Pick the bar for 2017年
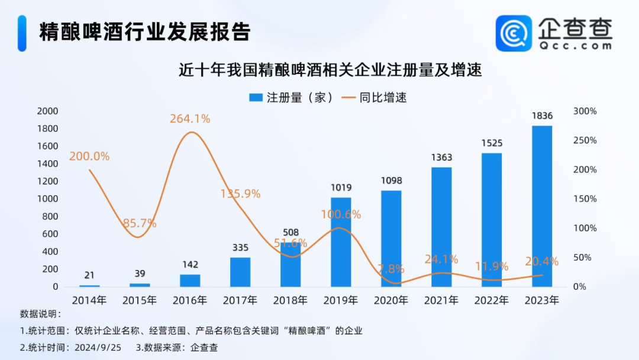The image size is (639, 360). coord(240,272)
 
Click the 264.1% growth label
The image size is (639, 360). coord(190,118)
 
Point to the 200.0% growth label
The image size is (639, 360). coord(89,156)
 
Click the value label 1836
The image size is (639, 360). coord(542,116)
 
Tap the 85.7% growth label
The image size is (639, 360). coord(140,223)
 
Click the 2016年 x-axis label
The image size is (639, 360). coord(190,300)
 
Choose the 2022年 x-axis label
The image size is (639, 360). coord(492,300)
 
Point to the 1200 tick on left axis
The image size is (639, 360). coord(47,181)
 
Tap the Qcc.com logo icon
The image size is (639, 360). coord(514,33)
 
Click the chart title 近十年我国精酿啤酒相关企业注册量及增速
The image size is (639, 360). coord(331,70)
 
